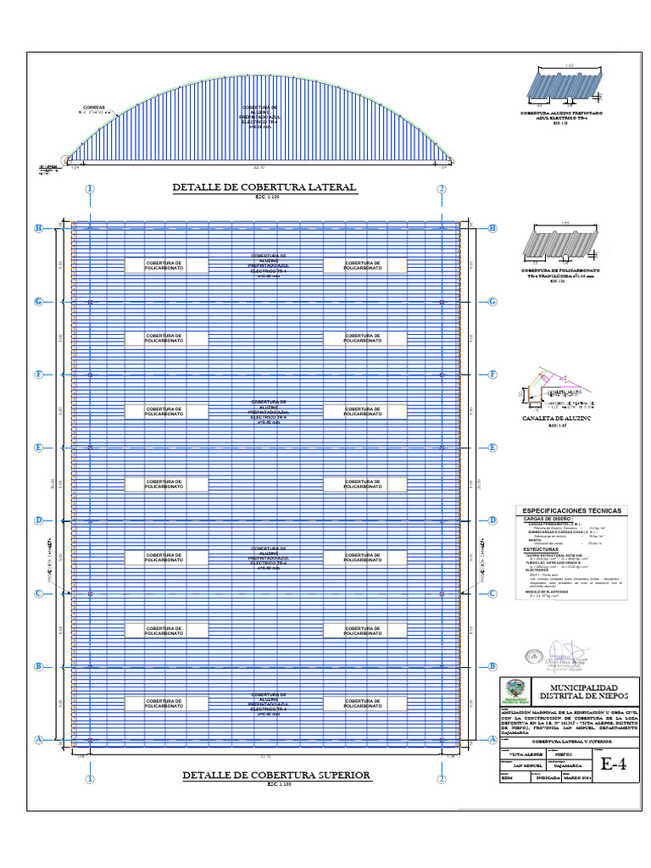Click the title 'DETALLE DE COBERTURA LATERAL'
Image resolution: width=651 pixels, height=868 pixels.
point(264,187)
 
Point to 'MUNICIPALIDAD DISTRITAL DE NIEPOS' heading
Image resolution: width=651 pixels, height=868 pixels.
point(584,691)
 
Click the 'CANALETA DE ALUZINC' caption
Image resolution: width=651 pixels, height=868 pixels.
point(556,418)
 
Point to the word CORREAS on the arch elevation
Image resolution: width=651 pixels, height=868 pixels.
point(93,107)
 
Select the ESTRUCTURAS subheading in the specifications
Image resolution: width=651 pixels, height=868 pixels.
point(539,549)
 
